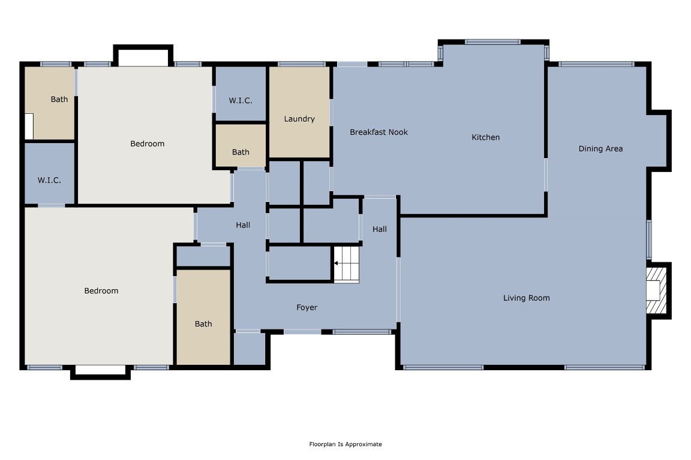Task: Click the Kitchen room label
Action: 485,137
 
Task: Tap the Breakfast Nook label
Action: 378,132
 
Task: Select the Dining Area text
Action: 600,149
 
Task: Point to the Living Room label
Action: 526,298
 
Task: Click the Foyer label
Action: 307,307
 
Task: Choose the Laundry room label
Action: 299,119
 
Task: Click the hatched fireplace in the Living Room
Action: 657,290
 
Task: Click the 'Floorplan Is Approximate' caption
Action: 345,444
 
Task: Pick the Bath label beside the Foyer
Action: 203,323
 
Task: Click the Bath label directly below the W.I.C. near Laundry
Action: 241,152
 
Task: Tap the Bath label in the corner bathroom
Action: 59,99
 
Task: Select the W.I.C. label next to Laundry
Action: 240,100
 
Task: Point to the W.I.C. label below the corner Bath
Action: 49,180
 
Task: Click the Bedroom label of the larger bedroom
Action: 101,290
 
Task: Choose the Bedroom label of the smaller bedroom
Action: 147,143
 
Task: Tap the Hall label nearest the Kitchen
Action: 379,229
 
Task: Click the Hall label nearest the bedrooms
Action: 242,225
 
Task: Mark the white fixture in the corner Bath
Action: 29,126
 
